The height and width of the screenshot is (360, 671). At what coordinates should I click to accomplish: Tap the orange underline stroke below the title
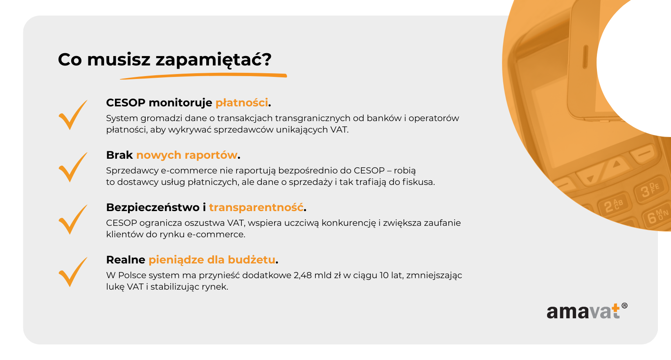tap(203, 76)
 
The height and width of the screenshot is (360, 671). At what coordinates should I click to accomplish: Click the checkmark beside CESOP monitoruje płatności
tap(73, 115)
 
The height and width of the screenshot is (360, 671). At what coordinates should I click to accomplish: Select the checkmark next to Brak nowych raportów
tap(73, 167)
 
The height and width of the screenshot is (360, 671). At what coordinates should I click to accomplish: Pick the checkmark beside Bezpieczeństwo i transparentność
tap(73, 220)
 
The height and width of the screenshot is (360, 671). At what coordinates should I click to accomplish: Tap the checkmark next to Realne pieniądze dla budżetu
tap(73, 272)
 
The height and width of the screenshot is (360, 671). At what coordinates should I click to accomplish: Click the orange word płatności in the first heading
tap(241, 103)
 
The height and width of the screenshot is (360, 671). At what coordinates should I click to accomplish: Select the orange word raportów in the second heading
tap(211, 155)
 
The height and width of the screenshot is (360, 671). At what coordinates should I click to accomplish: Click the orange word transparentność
tap(256, 207)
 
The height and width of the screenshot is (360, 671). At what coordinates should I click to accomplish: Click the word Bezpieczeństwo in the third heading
tap(153, 207)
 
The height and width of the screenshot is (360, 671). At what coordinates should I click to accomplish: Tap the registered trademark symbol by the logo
tap(624, 306)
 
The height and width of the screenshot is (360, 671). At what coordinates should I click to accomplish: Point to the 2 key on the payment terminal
tap(613, 205)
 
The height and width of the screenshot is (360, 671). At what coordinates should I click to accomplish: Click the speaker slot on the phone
tap(585, 57)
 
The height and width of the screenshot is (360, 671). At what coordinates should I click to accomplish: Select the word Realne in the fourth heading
tap(126, 260)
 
